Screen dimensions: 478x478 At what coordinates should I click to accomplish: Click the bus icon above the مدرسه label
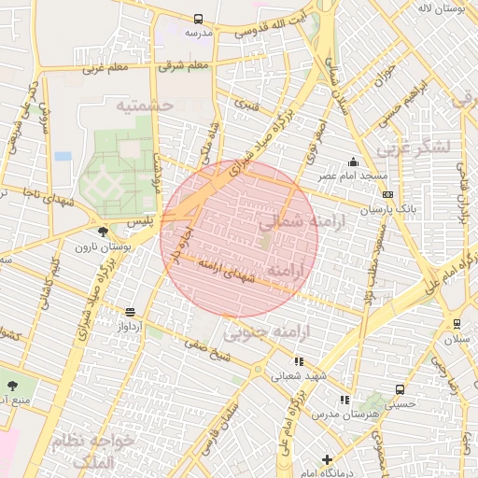[x=198, y=19]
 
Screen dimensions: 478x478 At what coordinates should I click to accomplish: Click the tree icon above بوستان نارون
[x=102, y=231]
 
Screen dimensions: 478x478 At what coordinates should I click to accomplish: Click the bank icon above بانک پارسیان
[x=387, y=195]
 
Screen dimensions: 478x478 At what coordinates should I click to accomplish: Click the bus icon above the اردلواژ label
[x=130, y=312]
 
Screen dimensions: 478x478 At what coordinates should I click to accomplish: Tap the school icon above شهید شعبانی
[x=298, y=361]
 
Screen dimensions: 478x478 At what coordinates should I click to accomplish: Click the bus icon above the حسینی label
[x=400, y=389]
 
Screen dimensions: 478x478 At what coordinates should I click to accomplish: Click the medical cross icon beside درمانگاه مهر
[x=327, y=459]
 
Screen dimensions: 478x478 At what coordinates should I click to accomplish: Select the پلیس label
[x=138, y=221]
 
